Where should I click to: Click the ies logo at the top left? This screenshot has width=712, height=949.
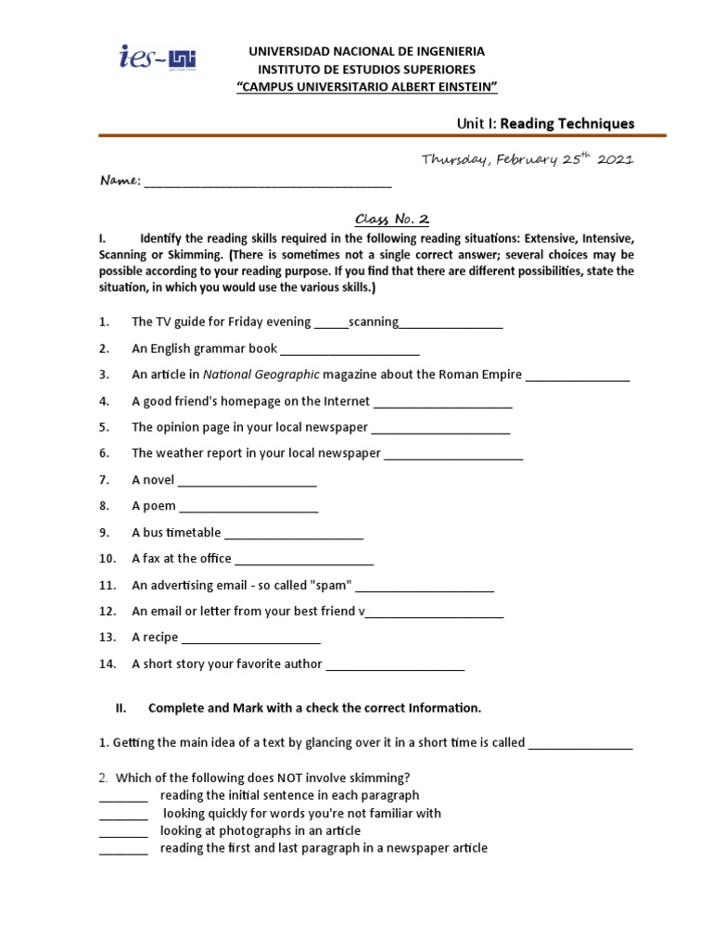[x=159, y=59]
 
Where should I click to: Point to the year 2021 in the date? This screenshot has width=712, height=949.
[x=615, y=159]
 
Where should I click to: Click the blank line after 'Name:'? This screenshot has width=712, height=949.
[x=268, y=183]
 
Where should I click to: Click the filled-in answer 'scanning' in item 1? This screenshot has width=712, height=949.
[x=374, y=322]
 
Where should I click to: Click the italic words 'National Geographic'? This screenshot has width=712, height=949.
[x=261, y=374]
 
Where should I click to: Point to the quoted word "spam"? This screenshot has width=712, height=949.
[x=332, y=585]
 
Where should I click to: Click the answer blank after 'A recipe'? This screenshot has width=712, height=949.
[x=250, y=639]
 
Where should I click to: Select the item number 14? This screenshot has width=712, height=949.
[x=106, y=664]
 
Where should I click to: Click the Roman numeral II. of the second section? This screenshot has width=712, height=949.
[x=121, y=708]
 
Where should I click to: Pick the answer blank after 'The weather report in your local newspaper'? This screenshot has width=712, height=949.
[x=453, y=454]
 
